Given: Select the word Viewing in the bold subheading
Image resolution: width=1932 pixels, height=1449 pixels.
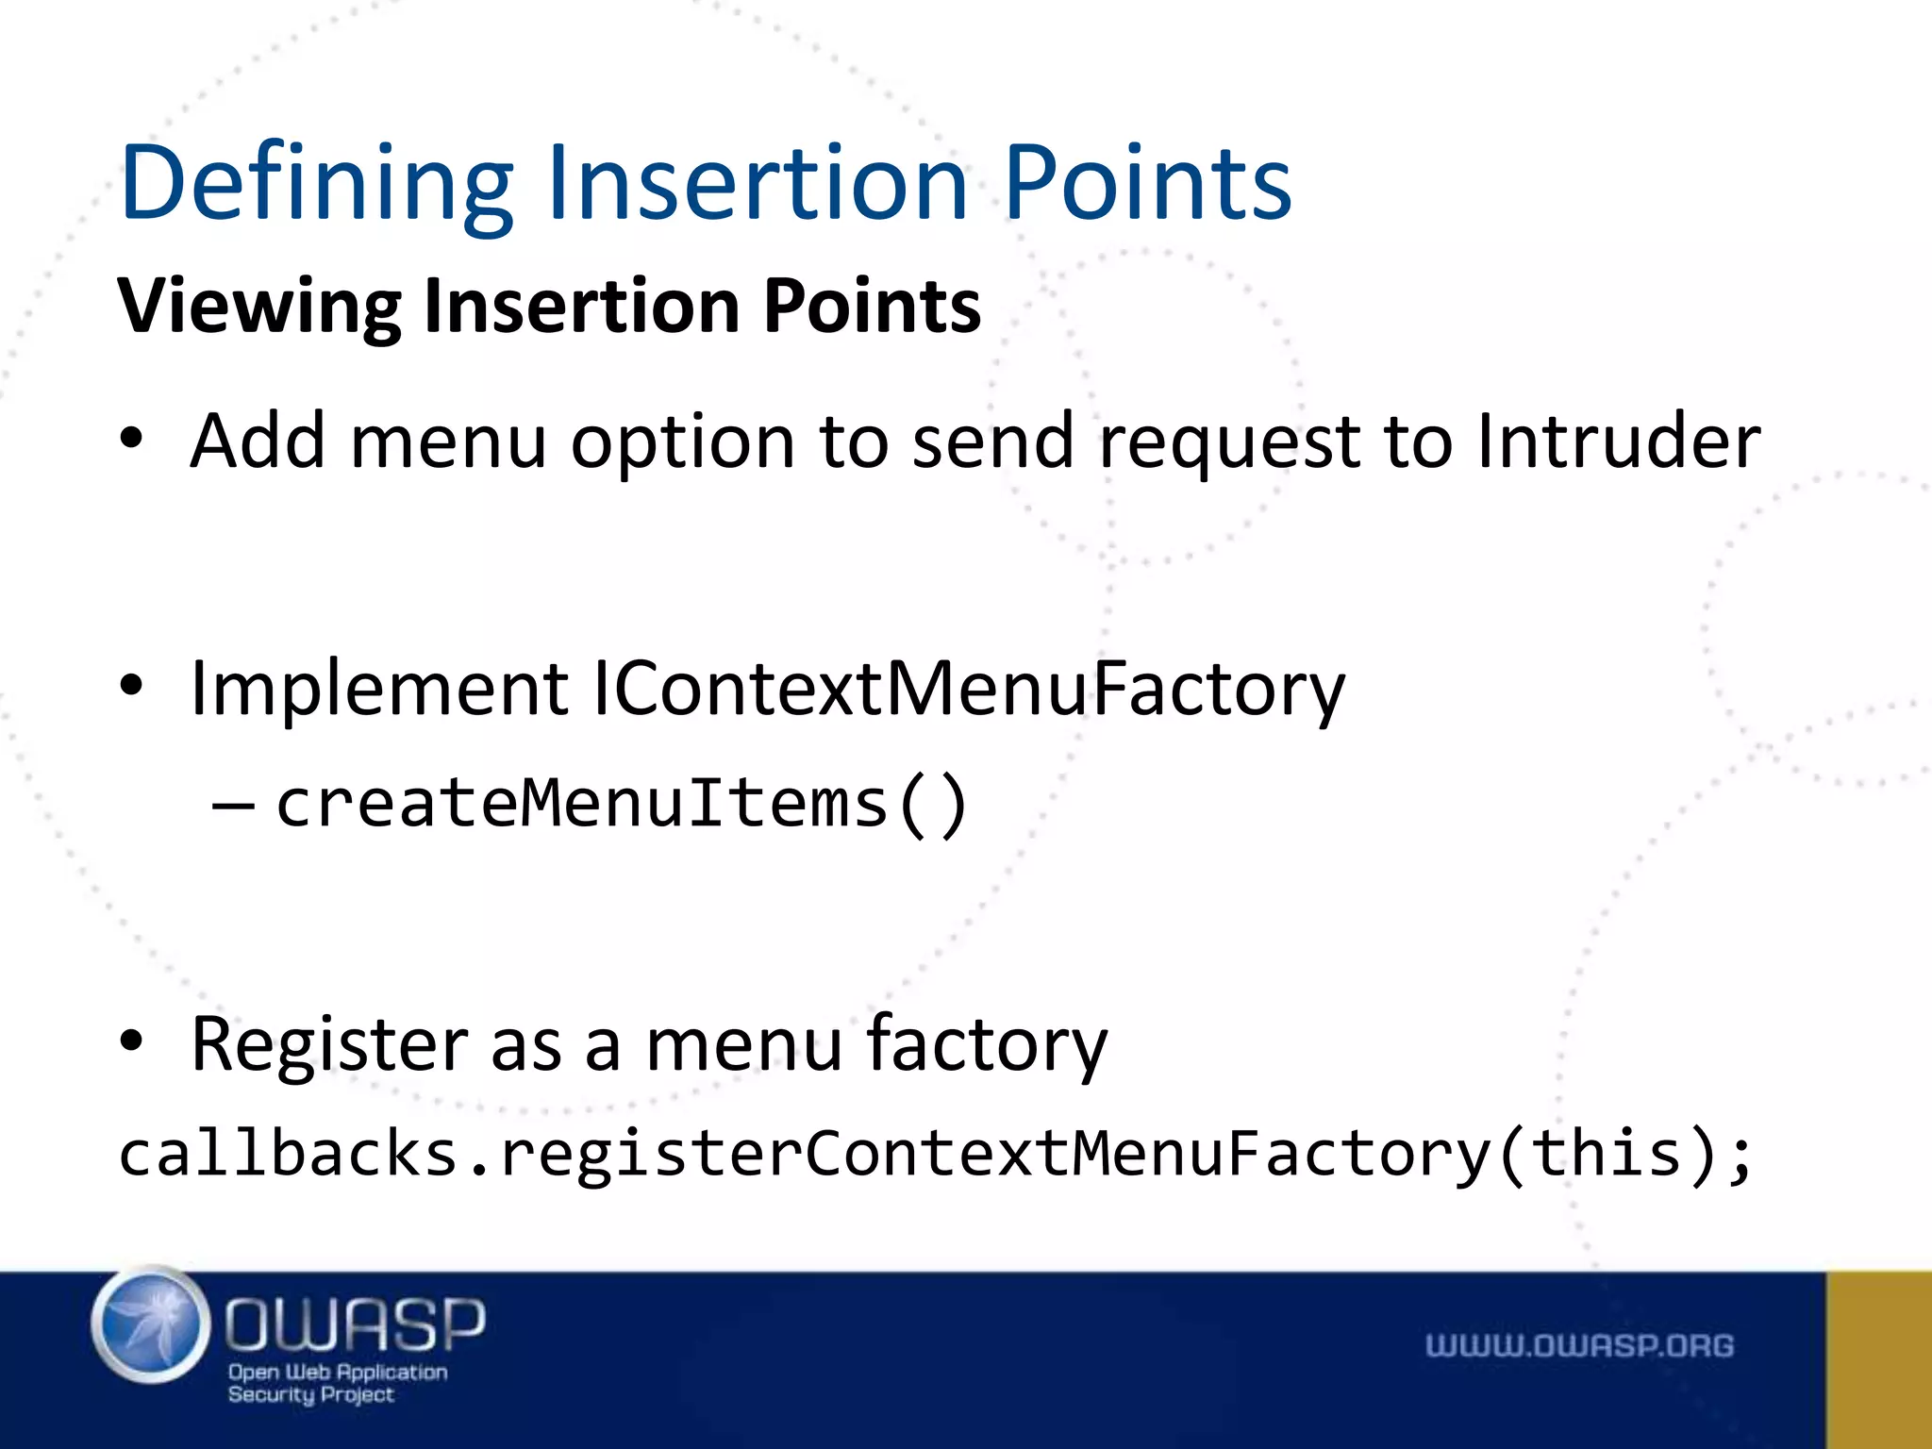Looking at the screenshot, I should [x=259, y=307].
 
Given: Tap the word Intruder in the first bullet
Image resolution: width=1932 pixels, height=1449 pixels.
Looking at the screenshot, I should [x=1618, y=441].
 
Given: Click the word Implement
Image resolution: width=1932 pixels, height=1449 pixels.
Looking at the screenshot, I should [x=379, y=689].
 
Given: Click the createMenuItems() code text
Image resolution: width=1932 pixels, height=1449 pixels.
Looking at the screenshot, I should [x=621, y=804].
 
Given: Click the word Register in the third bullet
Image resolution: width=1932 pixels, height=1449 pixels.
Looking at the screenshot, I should [x=329, y=1045].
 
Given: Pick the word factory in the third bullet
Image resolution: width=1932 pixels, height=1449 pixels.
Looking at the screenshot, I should [x=986, y=1045].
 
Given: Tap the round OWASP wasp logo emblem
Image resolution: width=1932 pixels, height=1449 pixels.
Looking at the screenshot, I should [x=151, y=1324].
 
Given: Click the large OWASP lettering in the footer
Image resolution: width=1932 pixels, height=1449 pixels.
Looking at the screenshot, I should [x=355, y=1323].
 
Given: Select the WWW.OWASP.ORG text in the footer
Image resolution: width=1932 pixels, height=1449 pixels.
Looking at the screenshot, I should [x=1579, y=1345].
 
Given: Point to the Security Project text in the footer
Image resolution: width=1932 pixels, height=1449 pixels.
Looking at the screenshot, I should [x=310, y=1395].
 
